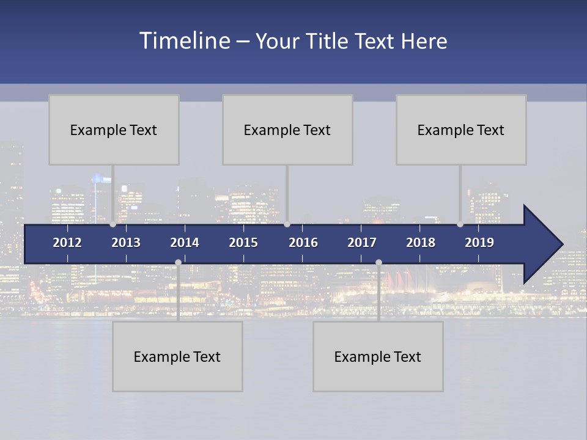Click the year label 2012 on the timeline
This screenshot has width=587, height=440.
point(67,243)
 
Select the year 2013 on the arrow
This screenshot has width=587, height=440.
point(126,243)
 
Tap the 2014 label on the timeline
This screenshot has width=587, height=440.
point(185,243)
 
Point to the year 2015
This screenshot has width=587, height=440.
point(243,243)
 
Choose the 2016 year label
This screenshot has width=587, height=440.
point(303,243)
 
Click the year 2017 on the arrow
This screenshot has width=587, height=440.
point(362,243)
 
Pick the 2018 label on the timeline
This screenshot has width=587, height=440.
point(421,243)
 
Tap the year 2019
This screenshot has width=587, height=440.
point(479,243)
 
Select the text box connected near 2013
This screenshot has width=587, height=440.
point(114,130)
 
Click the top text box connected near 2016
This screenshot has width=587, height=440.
point(287,130)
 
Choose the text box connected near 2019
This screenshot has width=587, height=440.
point(461,130)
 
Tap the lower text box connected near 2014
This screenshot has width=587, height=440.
point(177,356)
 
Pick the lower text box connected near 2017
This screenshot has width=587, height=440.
point(378,356)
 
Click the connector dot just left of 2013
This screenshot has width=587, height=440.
point(113,224)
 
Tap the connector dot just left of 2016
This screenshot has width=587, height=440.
point(287,224)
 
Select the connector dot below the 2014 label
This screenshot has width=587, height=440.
point(178,262)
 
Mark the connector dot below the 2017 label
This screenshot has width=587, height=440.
point(378,262)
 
